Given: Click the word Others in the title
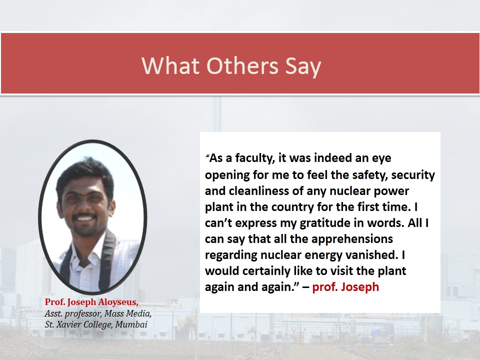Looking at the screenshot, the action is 242,65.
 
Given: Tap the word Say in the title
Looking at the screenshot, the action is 303,66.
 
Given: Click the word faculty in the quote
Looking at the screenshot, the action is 255,158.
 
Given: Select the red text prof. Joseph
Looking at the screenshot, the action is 345,287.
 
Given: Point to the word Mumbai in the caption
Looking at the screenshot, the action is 131,324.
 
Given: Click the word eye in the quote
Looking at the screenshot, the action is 381,159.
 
